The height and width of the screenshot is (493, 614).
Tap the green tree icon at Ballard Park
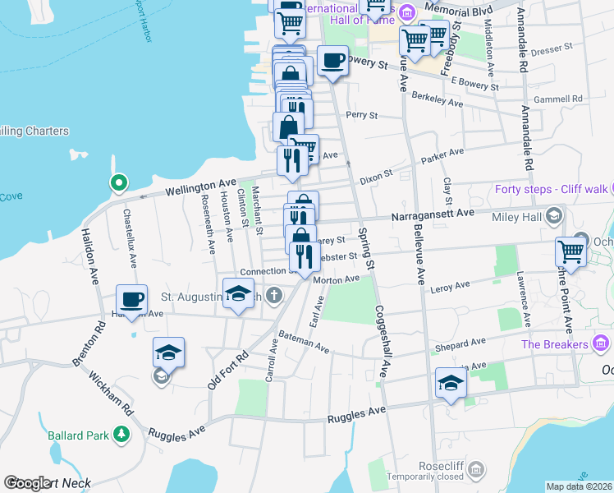121,433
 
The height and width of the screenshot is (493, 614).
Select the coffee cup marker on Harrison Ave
131,299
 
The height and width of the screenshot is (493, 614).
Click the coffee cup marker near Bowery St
332,62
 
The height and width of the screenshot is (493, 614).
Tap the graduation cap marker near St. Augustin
238,293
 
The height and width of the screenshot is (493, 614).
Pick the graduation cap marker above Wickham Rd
167,352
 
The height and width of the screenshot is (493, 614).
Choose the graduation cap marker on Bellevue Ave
450,384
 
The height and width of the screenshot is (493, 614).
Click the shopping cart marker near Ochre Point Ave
571,251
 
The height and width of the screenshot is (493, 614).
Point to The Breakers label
556,344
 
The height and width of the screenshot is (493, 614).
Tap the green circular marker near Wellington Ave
119,182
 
